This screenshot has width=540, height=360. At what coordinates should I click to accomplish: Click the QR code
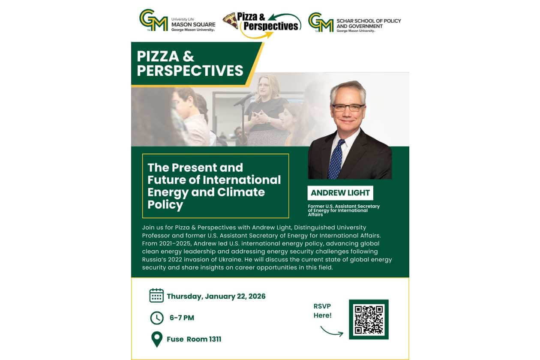(x=369, y=319)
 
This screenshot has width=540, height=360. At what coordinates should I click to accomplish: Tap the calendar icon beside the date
(x=156, y=295)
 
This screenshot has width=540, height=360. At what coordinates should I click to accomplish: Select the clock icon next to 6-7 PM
(x=157, y=318)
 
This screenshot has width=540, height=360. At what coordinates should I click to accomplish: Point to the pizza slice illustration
(x=231, y=21)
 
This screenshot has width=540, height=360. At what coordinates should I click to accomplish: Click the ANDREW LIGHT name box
(x=340, y=193)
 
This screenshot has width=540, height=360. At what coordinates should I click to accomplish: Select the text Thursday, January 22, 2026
(x=216, y=296)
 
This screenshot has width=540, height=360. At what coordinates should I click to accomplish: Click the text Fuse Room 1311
(x=194, y=339)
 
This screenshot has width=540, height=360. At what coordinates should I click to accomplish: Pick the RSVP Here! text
(x=322, y=311)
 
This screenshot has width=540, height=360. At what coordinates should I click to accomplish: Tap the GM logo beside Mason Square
(x=153, y=20)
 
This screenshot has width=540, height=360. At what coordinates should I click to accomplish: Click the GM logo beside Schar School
(x=321, y=22)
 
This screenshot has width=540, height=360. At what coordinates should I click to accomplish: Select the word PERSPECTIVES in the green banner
(x=190, y=71)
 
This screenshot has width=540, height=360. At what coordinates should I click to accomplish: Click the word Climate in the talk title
(x=241, y=192)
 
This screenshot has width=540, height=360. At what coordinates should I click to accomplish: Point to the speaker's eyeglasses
(x=348, y=107)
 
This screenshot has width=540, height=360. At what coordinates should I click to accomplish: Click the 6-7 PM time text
(x=182, y=318)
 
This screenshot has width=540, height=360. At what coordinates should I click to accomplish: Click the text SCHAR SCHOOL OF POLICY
(x=369, y=21)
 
